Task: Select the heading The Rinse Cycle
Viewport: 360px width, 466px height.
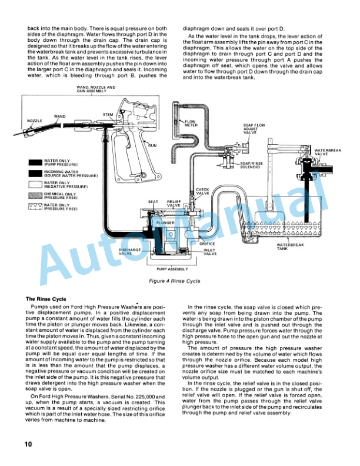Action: coord(47,298)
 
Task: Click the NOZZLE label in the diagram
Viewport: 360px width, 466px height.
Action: coord(36,121)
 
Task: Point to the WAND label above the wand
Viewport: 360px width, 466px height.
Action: coord(59,116)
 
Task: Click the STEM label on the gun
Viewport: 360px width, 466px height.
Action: coord(108,114)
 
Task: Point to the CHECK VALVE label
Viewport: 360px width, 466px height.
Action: coord(203,191)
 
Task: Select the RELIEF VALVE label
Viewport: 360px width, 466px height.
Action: coord(175,202)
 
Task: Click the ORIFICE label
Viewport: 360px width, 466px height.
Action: coord(207,244)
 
